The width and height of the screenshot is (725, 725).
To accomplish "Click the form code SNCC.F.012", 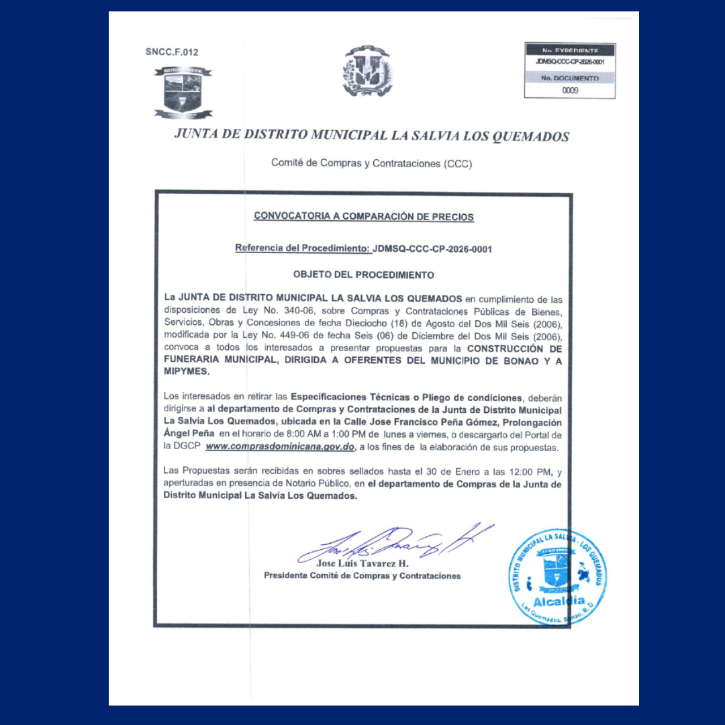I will point(172,52).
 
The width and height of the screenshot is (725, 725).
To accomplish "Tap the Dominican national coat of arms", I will point(367,71).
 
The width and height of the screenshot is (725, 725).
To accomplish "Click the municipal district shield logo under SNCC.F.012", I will point(183,93).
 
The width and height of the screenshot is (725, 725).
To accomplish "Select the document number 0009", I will point(570,90).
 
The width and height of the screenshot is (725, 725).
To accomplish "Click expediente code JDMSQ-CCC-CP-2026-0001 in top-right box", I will point(570,62).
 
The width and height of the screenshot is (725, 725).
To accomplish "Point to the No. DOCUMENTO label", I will point(570,78).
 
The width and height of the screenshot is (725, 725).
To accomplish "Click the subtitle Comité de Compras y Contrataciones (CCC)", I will point(371,163).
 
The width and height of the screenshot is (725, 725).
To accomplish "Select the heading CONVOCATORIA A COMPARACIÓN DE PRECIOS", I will point(363,217).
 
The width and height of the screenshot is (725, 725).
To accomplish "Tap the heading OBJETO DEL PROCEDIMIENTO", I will point(363,275).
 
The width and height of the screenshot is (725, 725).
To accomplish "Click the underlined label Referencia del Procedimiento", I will point(302,249).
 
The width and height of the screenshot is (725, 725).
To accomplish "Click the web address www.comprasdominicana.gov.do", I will point(280,447).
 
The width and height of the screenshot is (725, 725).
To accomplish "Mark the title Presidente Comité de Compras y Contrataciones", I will point(362,576).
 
